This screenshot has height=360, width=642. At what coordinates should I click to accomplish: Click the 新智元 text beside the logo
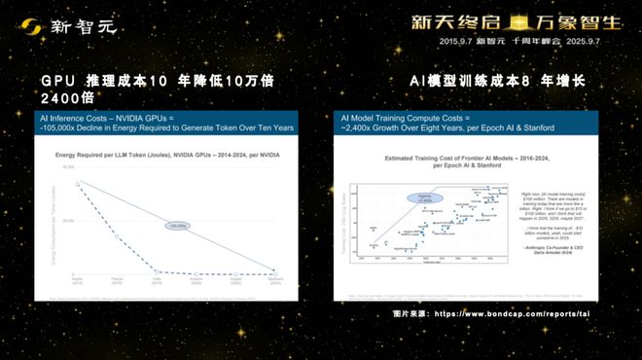coord(85,25)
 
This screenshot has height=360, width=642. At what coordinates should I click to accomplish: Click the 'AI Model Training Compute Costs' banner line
coord(409,117)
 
